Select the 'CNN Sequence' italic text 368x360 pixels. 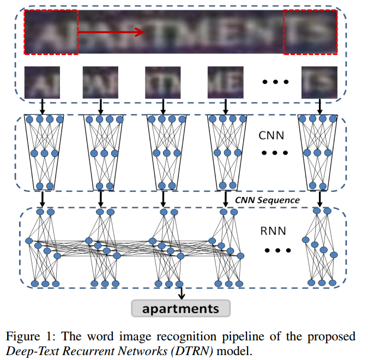(267, 200)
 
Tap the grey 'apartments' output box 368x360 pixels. (181, 309)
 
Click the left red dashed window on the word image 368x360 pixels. (51, 32)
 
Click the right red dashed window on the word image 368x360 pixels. (311, 32)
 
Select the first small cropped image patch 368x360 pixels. (43, 82)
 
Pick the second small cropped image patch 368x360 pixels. (100, 82)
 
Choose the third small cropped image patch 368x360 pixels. (162, 82)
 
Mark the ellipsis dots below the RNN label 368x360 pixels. (274, 251)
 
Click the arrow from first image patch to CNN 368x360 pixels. (42, 106)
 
